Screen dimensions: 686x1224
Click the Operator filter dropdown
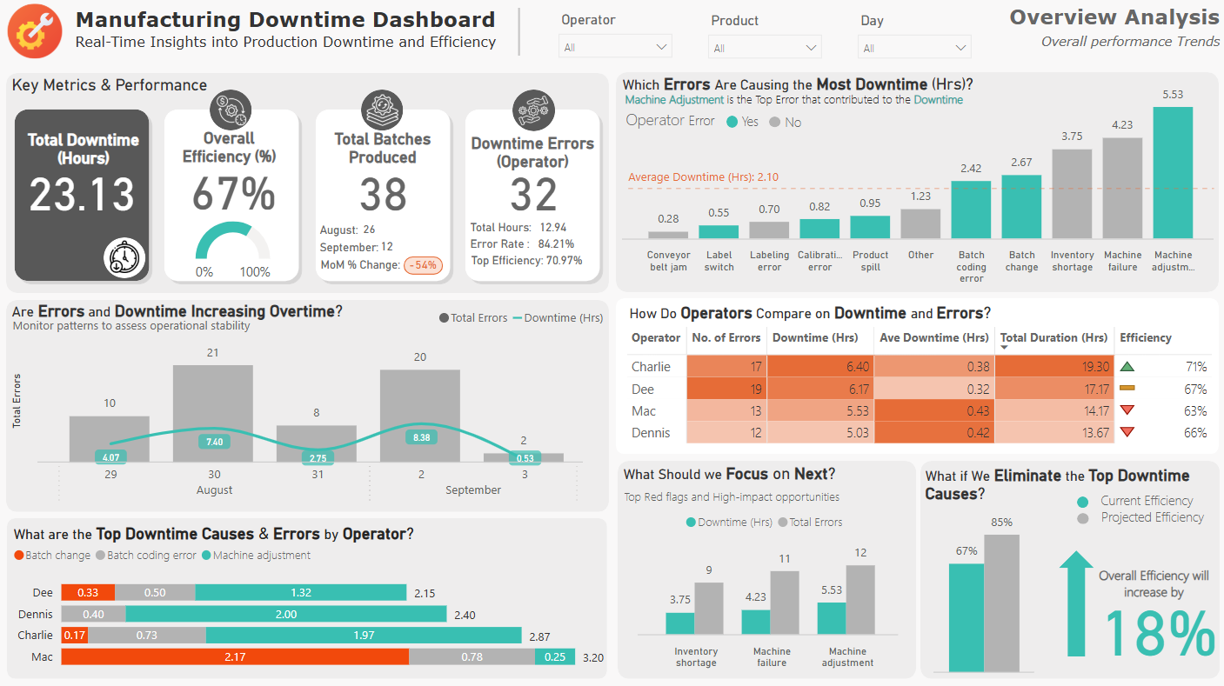614,47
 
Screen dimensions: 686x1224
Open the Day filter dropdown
913,48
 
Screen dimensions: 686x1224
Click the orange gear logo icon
35,31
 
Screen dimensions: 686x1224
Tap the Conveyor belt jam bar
668,234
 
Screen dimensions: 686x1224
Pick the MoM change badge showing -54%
424,265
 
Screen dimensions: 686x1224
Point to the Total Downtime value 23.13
83,194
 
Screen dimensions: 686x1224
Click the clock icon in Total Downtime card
124,257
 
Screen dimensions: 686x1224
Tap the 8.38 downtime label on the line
420,437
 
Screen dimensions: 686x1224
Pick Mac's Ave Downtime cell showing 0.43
934,411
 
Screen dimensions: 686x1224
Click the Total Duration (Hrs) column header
1053,337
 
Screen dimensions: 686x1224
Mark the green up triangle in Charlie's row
1127,367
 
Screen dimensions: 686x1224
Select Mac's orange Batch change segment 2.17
235,657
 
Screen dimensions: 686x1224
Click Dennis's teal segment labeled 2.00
286,615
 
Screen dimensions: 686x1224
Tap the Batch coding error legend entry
146,556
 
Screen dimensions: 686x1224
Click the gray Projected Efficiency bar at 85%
1001,603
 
